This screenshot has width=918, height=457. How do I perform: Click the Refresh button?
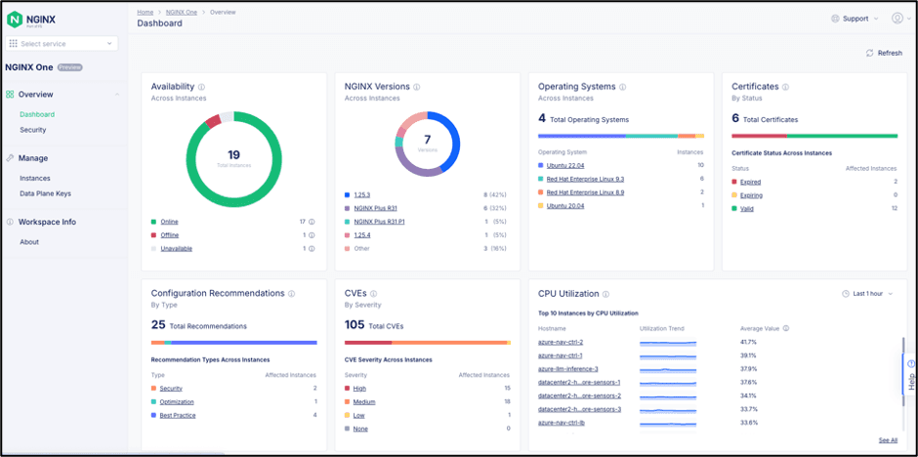[x=884, y=53]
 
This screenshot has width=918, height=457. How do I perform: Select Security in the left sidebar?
[x=33, y=130]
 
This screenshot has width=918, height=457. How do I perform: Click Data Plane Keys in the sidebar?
[x=45, y=193]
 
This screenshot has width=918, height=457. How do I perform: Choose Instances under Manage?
[x=35, y=179]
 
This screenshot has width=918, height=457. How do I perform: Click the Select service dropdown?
[x=63, y=44]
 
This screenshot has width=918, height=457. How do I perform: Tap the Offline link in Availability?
[x=169, y=235]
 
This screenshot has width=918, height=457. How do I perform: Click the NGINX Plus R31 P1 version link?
[x=379, y=222]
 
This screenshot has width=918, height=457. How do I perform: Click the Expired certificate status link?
[x=750, y=182]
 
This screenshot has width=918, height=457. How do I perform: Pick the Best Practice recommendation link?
[x=177, y=415]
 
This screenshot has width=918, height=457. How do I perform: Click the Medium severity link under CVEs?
[x=363, y=401]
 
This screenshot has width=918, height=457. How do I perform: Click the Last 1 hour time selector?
[x=866, y=293]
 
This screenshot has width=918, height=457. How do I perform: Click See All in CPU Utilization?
[x=887, y=440]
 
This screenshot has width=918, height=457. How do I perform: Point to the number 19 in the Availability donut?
[x=233, y=154]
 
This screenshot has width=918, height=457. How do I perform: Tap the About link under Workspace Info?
[x=29, y=242]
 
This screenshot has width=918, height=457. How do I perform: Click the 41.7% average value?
[x=749, y=342]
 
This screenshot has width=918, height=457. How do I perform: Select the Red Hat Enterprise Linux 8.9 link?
[x=585, y=192]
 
